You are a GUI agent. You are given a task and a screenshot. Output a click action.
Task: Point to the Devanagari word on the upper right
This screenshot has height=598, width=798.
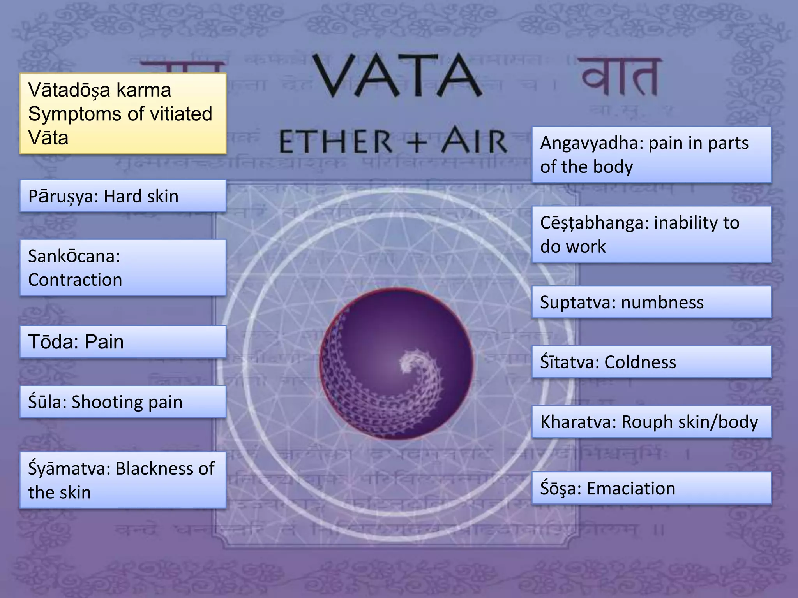tap(620, 77)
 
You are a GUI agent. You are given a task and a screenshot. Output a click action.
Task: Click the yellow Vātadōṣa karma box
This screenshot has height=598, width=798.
tap(123, 113)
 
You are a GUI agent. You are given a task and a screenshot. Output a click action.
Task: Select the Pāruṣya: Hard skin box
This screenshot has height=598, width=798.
tap(123, 196)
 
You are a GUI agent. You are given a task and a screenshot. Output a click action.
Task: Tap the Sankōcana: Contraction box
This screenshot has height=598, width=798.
tap(123, 267)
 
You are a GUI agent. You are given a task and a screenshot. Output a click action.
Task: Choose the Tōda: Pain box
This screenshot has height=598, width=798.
tap(123, 342)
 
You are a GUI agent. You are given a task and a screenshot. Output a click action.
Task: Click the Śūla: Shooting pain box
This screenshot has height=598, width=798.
tap(123, 402)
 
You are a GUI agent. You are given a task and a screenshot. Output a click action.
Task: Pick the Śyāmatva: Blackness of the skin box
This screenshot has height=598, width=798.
tap(123, 480)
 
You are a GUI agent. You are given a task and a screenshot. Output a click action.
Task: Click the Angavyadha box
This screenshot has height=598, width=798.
tap(651, 155)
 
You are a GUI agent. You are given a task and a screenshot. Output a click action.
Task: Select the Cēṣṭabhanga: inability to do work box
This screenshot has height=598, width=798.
tap(651, 234)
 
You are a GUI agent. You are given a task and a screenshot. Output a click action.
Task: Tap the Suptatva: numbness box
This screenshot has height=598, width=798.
tap(651, 302)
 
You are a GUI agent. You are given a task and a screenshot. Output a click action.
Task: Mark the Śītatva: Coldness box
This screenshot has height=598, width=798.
tap(651, 362)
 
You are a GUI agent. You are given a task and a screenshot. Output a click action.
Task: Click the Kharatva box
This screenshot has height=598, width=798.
tap(651, 422)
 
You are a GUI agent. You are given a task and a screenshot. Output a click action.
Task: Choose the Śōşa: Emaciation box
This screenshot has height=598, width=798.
tap(651, 488)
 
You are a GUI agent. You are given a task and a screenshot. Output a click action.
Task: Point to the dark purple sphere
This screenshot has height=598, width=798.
tap(396, 364)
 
